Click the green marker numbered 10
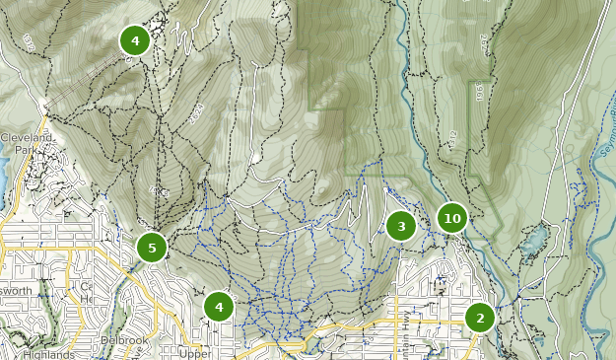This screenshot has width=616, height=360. pos(451,218)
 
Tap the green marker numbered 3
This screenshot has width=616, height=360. pos(400,227)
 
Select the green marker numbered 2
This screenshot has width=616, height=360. pos(480,318)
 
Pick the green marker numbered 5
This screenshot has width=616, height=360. pos(151,248)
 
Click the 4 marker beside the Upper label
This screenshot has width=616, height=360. pos(219,307)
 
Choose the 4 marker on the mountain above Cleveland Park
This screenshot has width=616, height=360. pos(135,40)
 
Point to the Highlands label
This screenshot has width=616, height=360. pos(47,354)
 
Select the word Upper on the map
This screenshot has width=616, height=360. pos(195,353)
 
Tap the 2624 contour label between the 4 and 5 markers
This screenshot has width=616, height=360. pos(158,186)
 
